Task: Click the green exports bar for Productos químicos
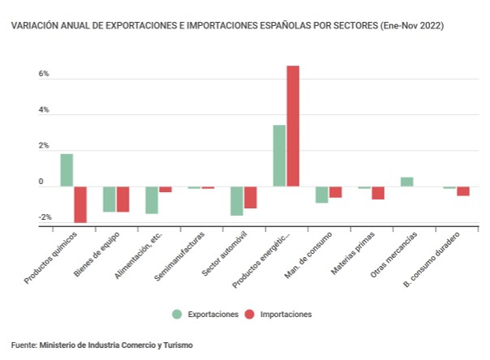click(x=67, y=170)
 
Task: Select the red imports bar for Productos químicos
click(x=80, y=204)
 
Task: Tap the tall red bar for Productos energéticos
click(x=293, y=126)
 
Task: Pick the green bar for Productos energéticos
click(x=279, y=156)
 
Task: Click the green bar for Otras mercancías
click(x=406, y=182)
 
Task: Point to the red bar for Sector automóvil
click(x=251, y=197)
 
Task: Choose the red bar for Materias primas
click(x=378, y=193)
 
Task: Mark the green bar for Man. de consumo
click(x=322, y=195)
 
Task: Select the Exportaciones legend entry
click(x=212, y=314)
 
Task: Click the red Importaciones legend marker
click(x=249, y=314)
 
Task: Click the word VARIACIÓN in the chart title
click(x=33, y=26)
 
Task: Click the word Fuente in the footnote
click(x=24, y=345)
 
